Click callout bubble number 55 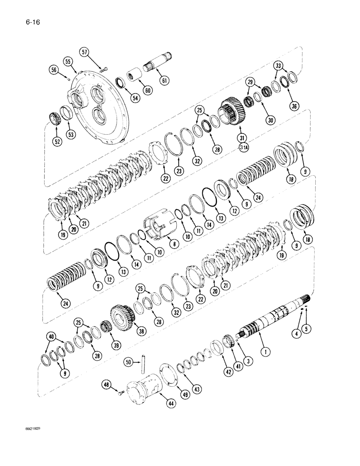68,62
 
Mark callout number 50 128,361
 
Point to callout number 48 107,385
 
